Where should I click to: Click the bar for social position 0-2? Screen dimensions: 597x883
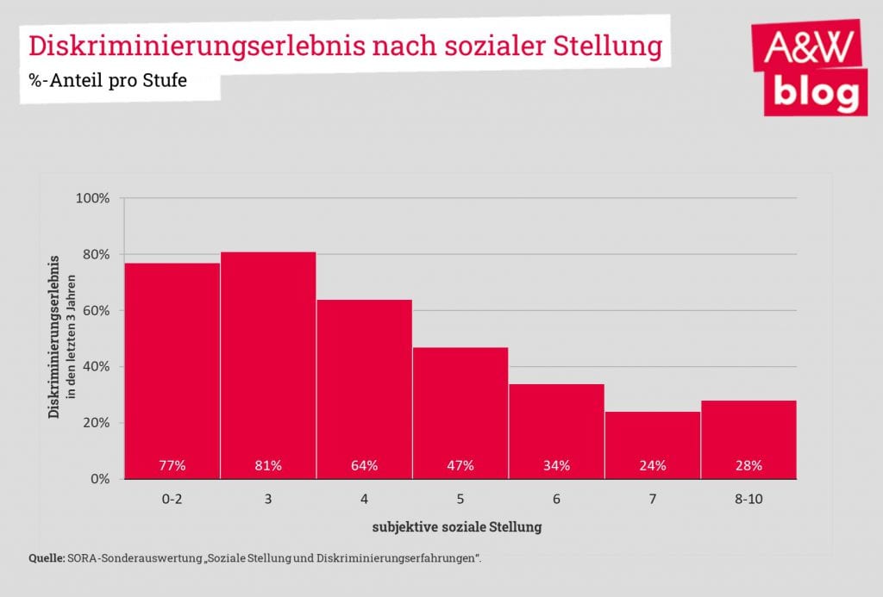point(172,370)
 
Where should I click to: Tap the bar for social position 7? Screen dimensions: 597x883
point(653,445)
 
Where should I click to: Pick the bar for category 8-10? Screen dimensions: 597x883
point(748,439)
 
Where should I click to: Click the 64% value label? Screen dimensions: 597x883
point(364,466)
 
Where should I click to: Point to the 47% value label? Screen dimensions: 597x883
point(460,466)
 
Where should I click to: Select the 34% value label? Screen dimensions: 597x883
point(556,466)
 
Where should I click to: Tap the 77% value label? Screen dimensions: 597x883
point(172,466)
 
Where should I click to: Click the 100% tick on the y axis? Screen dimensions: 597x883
point(93,198)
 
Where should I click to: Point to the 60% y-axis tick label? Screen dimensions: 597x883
point(96,311)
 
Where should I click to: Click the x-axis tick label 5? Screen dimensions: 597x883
point(460,499)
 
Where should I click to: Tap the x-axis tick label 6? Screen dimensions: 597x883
point(556,499)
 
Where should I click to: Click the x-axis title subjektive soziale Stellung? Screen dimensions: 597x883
point(457,526)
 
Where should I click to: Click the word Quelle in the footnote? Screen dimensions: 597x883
point(47,558)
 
